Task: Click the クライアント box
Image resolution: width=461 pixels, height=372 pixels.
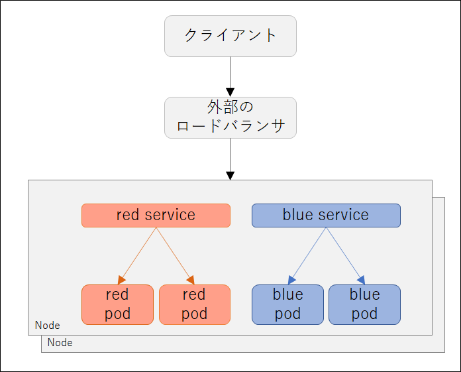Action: click(x=230, y=36)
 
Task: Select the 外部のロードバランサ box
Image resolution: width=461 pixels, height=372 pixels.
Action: click(x=230, y=118)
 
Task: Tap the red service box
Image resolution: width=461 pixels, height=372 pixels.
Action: click(x=156, y=216)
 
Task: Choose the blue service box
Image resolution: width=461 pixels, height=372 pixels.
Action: click(x=326, y=216)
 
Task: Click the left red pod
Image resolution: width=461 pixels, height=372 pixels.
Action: click(x=118, y=304)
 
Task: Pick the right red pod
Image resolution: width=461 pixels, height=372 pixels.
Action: click(x=195, y=304)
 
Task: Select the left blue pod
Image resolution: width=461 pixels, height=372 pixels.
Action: click(x=287, y=304)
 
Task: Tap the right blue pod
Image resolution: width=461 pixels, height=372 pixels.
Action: click(x=364, y=304)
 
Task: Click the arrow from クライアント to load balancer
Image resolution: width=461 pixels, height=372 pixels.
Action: click(x=230, y=77)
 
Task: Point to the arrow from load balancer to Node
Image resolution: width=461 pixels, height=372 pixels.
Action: click(x=230, y=159)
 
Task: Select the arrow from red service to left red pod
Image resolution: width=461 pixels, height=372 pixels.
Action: click(x=137, y=256)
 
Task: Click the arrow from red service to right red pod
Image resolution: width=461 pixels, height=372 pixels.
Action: click(x=176, y=256)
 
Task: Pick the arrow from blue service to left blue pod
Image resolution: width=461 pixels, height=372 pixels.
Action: click(x=307, y=256)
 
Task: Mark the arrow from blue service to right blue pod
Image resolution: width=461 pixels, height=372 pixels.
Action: click(x=346, y=256)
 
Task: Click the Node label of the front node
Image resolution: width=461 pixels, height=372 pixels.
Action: click(x=47, y=325)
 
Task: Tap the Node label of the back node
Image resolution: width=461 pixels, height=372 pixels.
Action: click(x=60, y=343)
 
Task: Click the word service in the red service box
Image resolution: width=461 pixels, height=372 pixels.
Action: click(x=170, y=215)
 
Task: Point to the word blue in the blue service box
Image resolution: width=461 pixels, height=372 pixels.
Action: click(x=299, y=214)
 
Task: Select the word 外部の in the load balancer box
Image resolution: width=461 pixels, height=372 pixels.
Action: click(x=230, y=107)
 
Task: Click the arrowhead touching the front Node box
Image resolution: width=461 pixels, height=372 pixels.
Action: click(x=230, y=176)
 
